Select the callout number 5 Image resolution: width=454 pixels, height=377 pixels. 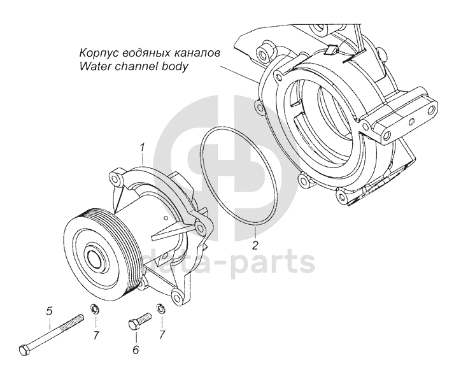click(x=48, y=311)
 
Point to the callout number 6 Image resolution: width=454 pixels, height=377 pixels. click(x=136, y=349)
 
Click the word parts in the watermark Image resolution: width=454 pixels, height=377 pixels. click(x=276, y=262)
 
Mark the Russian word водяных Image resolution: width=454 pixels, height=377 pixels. click(x=146, y=53)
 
